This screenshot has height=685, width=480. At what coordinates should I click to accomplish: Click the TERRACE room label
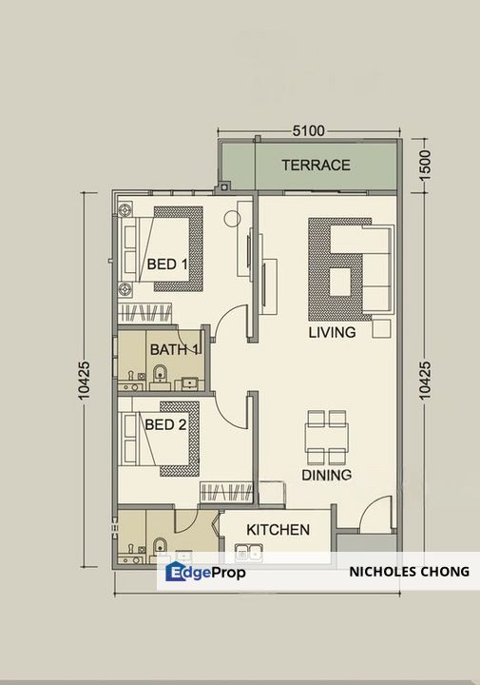pyautogui.click(x=316, y=166)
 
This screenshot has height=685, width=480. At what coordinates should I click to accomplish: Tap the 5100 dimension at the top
pyautogui.click(x=309, y=130)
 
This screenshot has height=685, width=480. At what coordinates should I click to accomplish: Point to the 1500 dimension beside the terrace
pyautogui.click(x=424, y=165)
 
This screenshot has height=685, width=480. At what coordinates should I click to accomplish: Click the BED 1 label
pyautogui.click(x=167, y=264)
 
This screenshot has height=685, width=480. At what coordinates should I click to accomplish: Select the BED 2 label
pyautogui.click(x=165, y=424)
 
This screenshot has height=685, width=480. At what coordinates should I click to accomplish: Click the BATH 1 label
pyautogui.click(x=175, y=349)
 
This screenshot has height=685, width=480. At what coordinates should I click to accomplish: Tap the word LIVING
pyautogui.click(x=332, y=332)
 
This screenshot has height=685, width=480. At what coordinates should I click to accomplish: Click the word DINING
pyautogui.click(x=326, y=475)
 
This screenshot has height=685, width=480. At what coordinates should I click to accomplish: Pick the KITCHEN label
pyautogui.click(x=278, y=530)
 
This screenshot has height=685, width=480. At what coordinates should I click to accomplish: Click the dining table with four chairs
pyautogui.click(x=327, y=438)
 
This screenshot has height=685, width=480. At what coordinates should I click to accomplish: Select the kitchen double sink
pyautogui.click(x=248, y=553)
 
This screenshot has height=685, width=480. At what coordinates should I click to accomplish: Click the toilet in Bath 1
pyautogui.click(x=160, y=375)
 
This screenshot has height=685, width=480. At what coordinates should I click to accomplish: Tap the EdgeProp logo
pyautogui.click(x=205, y=572)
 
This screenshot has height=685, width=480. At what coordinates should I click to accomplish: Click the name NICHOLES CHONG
pyautogui.click(x=410, y=572)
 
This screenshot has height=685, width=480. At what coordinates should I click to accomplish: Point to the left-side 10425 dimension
pyautogui.click(x=84, y=380)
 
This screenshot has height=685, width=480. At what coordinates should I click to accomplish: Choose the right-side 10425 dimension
pyautogui.click(x=424, y=380)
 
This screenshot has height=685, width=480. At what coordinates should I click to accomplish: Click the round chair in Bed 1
pyautogui.click(x=232, y=219)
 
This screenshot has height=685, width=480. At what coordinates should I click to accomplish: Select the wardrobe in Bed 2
pyautogui.click(x=226, y=493)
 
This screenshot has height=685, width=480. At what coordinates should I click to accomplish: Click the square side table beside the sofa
pyautogui.click(x=381, y=328)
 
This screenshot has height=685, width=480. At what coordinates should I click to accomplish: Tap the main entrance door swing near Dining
pyautogui.click(x=374, y=514)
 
